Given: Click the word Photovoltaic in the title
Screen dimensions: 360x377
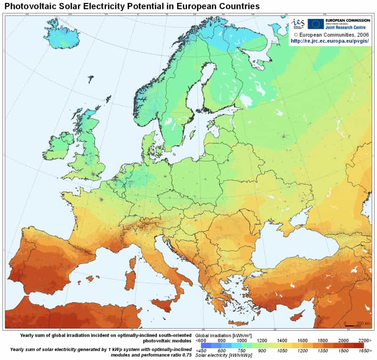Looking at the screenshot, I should (33, 7).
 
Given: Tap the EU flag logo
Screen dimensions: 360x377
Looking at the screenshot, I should (315, 24).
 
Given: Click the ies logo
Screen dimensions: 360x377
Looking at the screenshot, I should (298, 24).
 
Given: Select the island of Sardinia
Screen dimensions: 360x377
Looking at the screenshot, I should (130, 280).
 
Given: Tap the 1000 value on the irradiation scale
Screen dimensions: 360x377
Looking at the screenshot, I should (242, 340).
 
